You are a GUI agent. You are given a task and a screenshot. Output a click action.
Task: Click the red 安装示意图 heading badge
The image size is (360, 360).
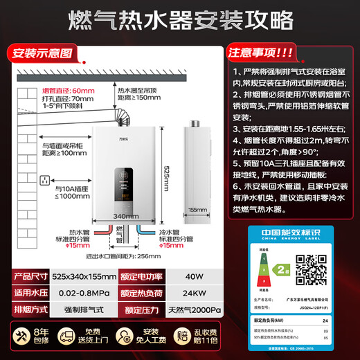tap(42, 52)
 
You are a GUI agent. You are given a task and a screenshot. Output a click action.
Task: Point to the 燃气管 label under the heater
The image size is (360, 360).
tap(121, 240)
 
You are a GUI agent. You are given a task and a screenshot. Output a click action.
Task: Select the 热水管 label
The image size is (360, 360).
tap(75, 233)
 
